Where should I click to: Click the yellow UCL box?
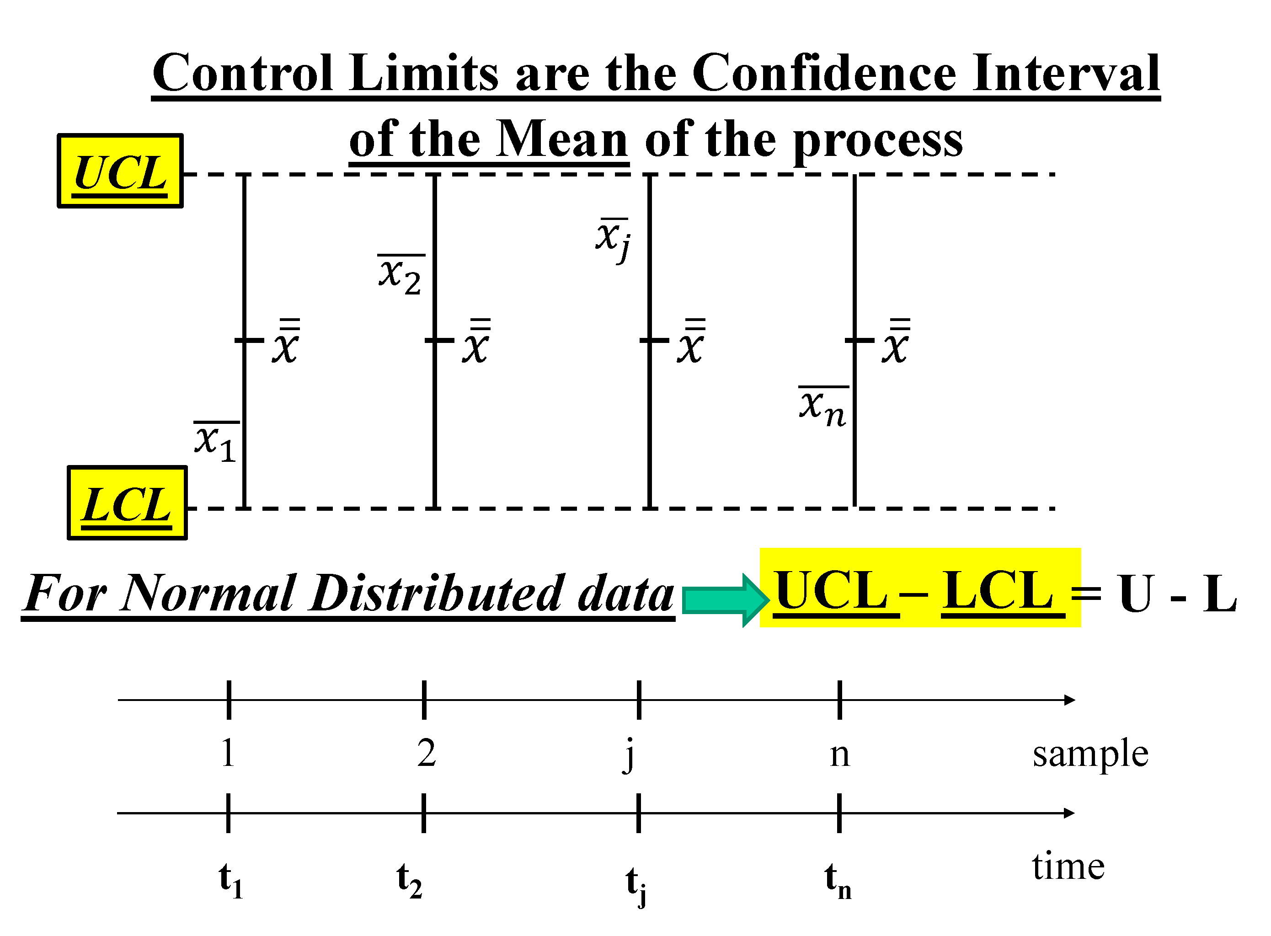[x=120, y=171]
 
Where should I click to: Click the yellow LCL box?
[x=127, y=503]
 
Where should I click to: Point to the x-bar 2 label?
[x=401, y=275]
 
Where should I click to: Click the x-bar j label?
[x=614, y=239]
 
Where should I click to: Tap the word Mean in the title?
[x=562, y=139]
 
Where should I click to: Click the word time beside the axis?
[x=1068, y=867]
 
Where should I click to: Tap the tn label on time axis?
[x=838, y=881]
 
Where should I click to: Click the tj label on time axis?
[x=636, y=884]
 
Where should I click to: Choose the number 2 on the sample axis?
[x=427, y=754]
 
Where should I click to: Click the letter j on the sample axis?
[x=628, y=756]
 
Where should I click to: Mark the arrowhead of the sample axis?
[x=1069, y=700]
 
